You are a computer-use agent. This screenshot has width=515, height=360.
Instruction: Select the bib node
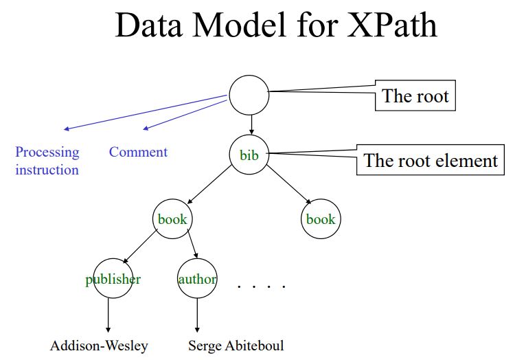point(249,155)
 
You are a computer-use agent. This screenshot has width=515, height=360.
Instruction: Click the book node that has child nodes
point(172,218)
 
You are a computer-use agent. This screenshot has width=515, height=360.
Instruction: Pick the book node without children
point(321,218)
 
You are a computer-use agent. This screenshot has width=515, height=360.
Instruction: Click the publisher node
point(113,278)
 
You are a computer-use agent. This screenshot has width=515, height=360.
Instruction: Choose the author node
point(197,278)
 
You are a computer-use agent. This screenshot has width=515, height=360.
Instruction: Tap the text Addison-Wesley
point(99,346)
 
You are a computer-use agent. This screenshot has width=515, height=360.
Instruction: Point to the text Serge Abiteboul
point(236,346)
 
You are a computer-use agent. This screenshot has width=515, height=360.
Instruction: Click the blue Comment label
point(138,152)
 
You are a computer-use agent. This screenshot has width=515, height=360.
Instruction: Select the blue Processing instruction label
point(47,161)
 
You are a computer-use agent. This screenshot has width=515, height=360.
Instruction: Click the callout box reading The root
point(415,95)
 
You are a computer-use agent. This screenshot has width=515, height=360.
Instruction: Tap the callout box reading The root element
point(431,159)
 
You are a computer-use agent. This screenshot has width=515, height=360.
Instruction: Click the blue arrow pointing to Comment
point(185,115)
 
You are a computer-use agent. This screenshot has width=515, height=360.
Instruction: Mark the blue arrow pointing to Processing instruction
point(146,113)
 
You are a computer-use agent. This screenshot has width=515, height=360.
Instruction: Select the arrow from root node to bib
point(251,125)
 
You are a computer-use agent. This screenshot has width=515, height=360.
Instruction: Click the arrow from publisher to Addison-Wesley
point(108,315)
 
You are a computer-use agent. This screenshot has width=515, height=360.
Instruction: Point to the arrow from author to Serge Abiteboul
point(197,315)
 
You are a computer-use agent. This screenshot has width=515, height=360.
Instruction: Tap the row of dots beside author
point(262,286)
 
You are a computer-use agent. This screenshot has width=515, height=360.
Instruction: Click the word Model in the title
point(239,25)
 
